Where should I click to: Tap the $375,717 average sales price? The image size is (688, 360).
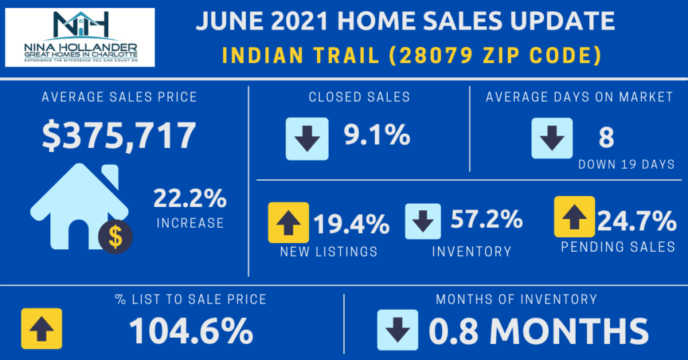(x=119, y=135)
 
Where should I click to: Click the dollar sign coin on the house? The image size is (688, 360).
(x=115, y=236)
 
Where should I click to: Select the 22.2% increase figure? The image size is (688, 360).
(x=189, y=199)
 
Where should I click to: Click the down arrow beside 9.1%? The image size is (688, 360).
(x=307, y=138)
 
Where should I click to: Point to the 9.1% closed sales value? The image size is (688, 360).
(x=376, y=136)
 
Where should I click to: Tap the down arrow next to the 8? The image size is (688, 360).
(x=552, y=138)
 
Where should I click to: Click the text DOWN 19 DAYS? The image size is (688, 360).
(x=626, y=164)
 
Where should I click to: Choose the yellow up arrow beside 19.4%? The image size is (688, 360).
(x=288, y=222)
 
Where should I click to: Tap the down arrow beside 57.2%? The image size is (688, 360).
(x=423, y=222)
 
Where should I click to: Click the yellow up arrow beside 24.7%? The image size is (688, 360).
(x=574, y=217)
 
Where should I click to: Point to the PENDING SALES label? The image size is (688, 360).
(x=618, y=247)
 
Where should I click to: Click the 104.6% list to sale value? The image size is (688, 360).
(x=191, y=330)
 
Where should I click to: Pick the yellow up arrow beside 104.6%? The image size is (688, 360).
(x=42, y=329)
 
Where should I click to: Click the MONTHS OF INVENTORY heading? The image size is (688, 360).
(x=516, y=299)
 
